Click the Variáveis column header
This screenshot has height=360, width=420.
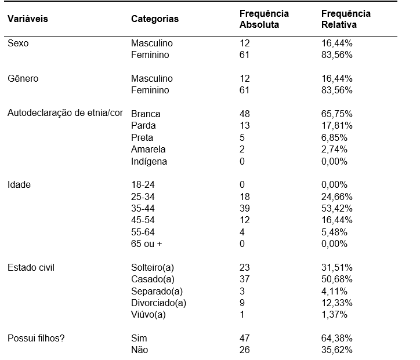(x=28, y=19)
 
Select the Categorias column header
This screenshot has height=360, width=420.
(x=155, y=19)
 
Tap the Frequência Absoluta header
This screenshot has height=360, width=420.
(x=264, y=19)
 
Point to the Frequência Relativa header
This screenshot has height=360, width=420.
(x=346, y=19)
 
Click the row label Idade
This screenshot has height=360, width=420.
(x=19, y=185)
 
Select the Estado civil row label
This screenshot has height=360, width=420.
(x=31, y=267)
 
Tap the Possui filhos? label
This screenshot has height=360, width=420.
(x=36, y=338)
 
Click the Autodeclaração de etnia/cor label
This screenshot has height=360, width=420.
(x=65, y=113)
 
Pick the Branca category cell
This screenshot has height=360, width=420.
(x=146, y=114)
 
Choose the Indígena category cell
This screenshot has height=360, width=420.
(x=149, y=161)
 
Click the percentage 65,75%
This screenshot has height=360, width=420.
(x=336, y=114)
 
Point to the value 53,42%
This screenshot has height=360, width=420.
(x=336, y=208)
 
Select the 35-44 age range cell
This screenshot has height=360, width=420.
(x=143, y=208)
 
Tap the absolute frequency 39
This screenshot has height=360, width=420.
(x=245, y=208)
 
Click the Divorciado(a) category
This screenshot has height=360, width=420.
(x=158, y=303)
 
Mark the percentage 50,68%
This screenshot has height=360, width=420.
(x=336, y=279)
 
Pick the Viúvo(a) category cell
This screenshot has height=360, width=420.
(x=149, y=315)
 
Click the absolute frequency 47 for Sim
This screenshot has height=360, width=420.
(x=245, y=338)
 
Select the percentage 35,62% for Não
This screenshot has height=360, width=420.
(x=336, y=350)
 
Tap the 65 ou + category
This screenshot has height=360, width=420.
(x=147, y=243)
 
